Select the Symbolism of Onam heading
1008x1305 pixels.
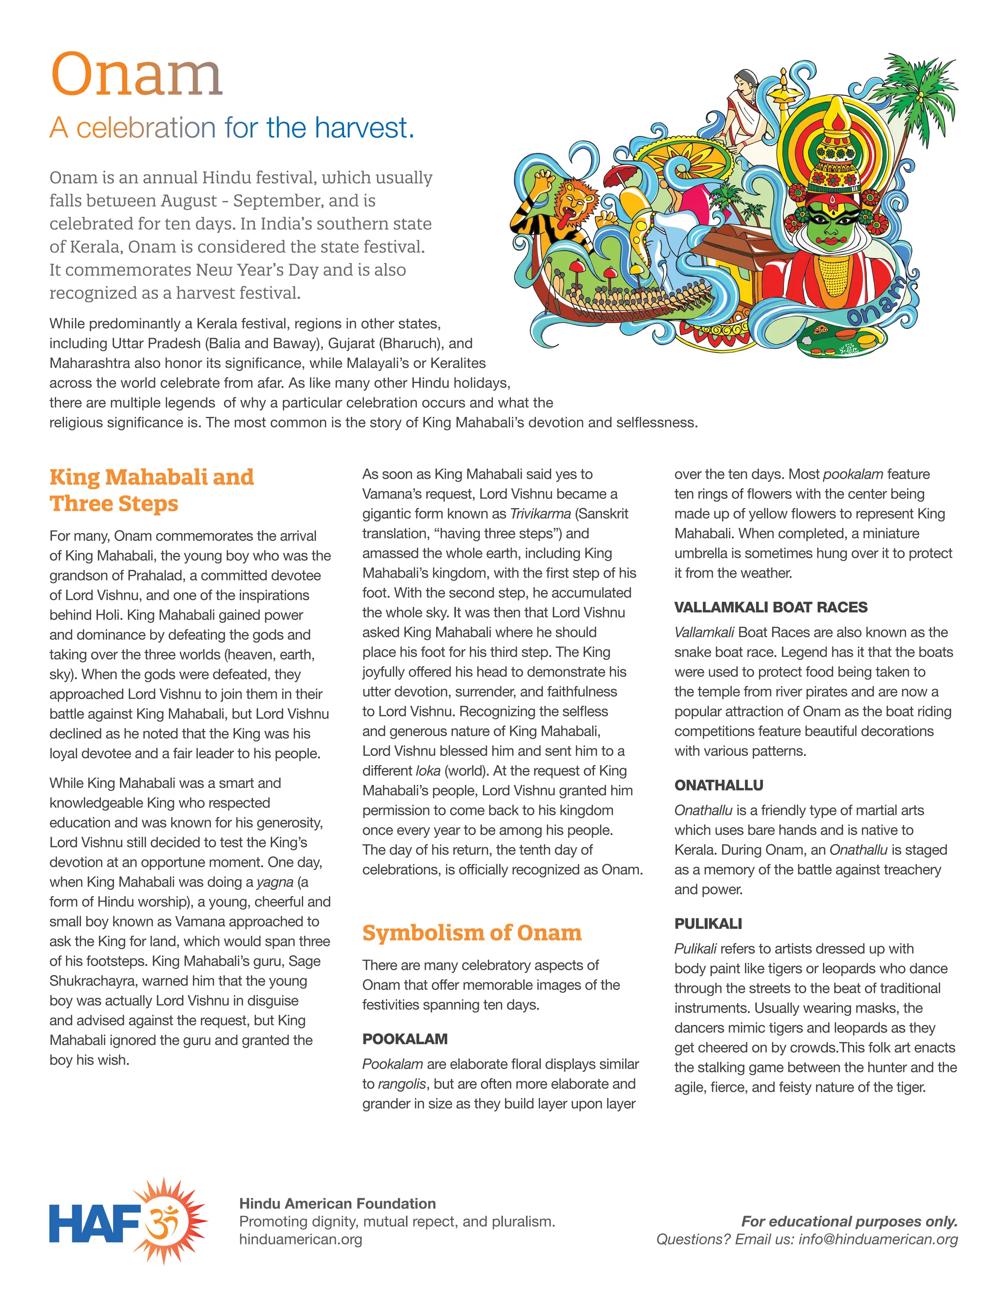point(472,933)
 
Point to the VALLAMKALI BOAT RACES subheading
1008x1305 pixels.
point(770,607)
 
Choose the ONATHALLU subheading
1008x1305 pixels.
point(719,785)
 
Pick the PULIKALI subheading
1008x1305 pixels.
point(708,924)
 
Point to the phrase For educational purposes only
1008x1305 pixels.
point(849,1221)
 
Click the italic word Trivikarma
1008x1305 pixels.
point(540,514)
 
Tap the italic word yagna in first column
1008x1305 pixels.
point(275,882)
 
